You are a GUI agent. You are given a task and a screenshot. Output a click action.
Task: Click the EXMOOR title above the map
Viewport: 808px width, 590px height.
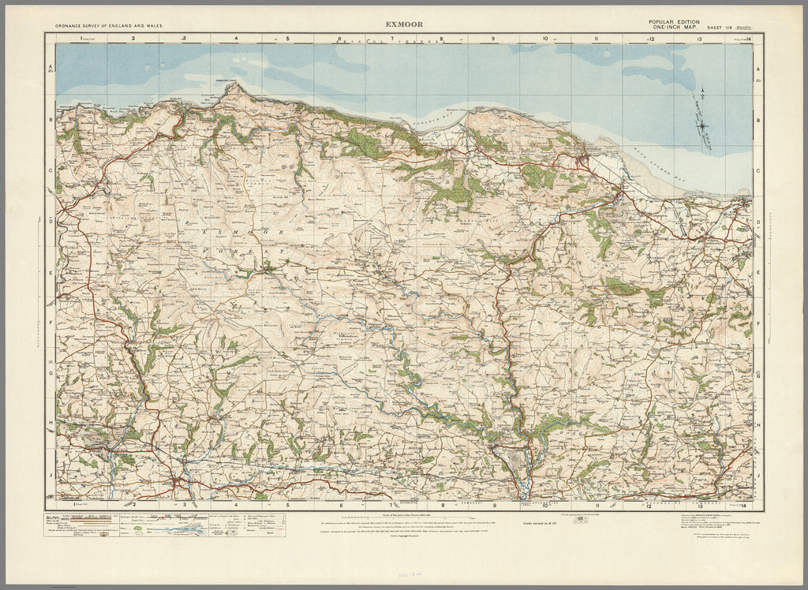[404, 23]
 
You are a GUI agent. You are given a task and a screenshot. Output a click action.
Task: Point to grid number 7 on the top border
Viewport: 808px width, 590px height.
[391, 38]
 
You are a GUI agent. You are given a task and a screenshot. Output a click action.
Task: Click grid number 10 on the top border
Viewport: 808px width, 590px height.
[544, 38]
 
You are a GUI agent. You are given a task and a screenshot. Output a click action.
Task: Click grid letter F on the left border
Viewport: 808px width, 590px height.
[50, 323]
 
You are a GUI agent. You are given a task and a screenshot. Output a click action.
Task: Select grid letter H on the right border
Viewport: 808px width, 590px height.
[758, 424]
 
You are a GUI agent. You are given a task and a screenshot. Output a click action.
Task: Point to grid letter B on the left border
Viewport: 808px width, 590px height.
[50, 121]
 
